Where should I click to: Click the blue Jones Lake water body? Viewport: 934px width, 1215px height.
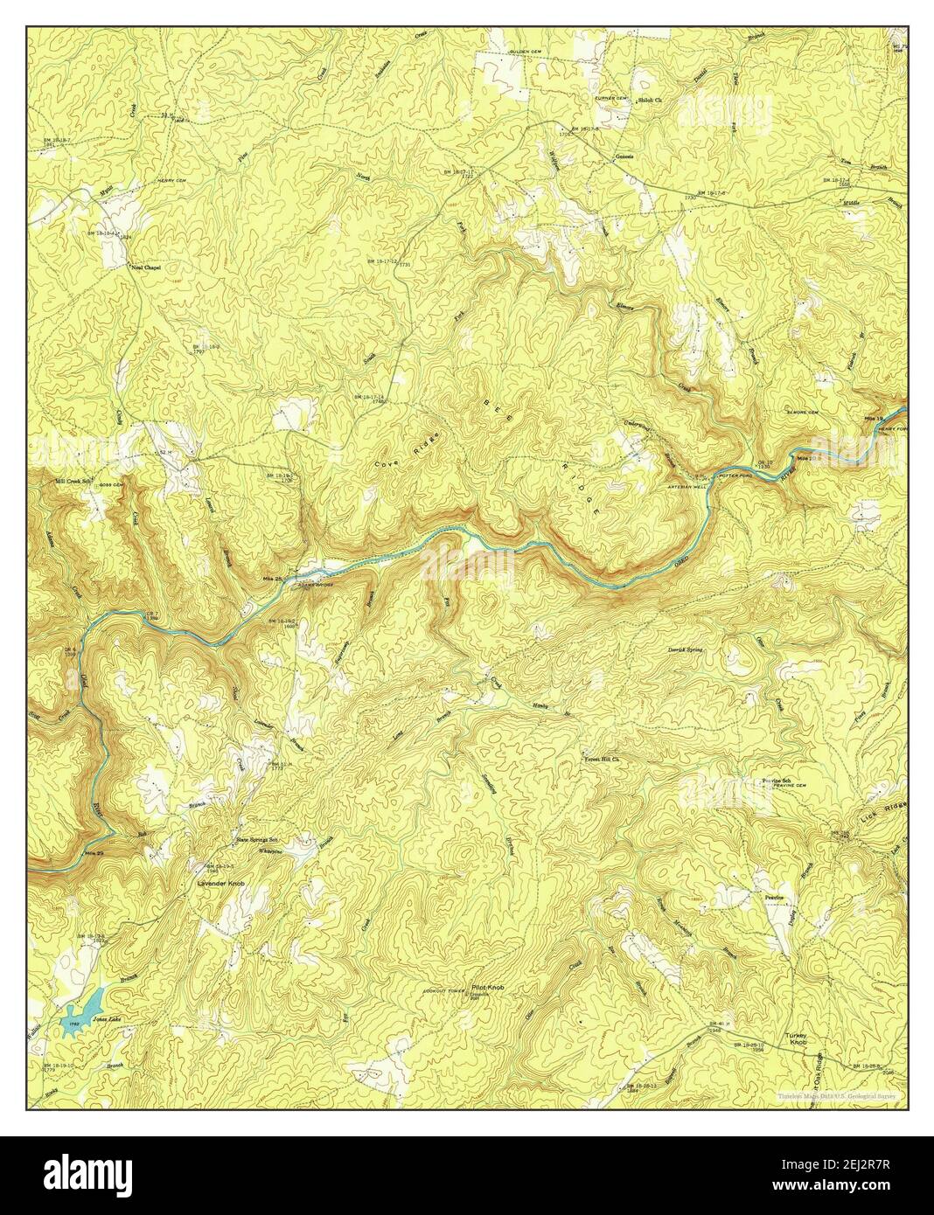pos(84,1010)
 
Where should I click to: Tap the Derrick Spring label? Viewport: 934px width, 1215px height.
pos(686,650)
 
